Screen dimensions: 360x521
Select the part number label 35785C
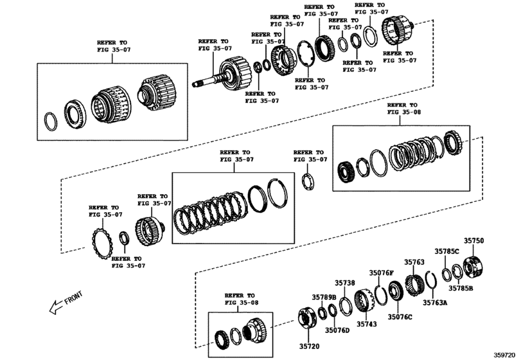[x=446, y=251]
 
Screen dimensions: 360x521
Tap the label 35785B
[x=461, y=289]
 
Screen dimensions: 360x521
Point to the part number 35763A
[x=434, y=301]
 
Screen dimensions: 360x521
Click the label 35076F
[x=381, y=273]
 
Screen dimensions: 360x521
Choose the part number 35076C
[x=399, y=317]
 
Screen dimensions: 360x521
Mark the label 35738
[x=344, y=283]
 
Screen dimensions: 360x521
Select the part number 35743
[x=367, y=323]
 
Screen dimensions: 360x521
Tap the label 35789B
[x=324, y=297]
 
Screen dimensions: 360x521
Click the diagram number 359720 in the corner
[x=506, y=354]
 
